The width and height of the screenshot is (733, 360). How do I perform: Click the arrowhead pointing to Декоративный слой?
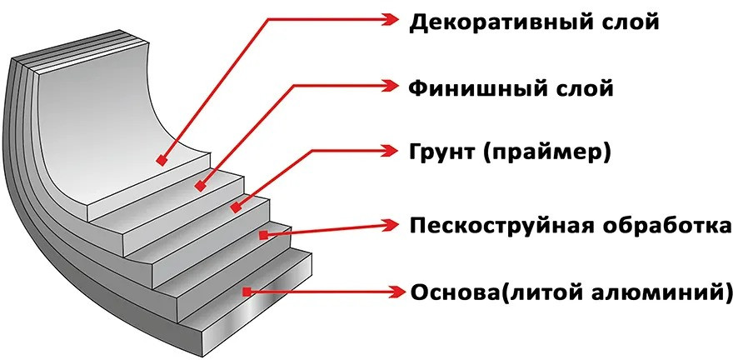pyautogui.click(x=392, y=18)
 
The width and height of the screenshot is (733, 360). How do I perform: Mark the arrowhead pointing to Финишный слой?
pyautogui.click(x=392, y=85)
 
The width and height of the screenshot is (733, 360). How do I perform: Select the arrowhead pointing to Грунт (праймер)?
pyautogui.click(x=392, y=151)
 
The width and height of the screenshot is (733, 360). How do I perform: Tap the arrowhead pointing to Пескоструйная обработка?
pyautogui.click(x=392, y=223)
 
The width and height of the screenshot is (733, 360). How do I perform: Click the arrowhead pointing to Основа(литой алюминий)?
pyautogui.click(x=392, y=292)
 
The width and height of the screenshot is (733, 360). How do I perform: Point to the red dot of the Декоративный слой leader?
pyautogui.click(x=159, y=158)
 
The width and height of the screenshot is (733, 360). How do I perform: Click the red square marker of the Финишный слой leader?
pyautogui.click(x=200, y=187)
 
